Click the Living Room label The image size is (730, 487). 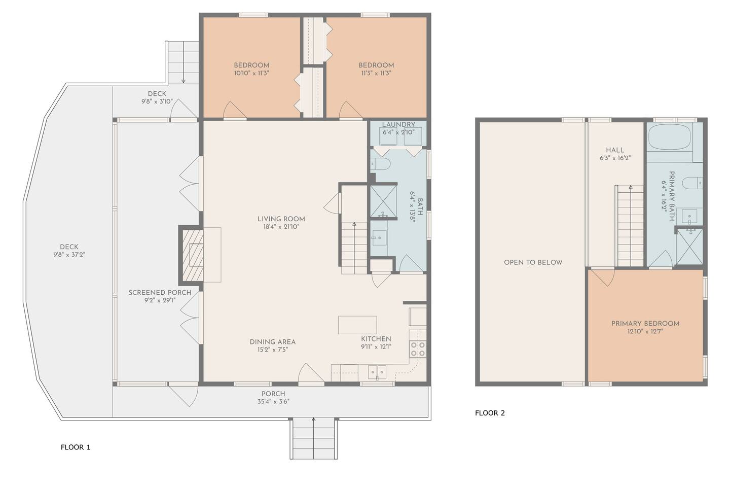(x=281, y=219)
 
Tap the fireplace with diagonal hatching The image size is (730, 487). (x=193, y=255)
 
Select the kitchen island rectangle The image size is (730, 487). (x=357, y=325)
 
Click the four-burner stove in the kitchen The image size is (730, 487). (x=418, y=349)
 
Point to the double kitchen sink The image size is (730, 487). (x=377, y=372)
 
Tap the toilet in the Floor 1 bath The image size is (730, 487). (x=380, y=164)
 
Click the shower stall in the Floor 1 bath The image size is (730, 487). (x=383, y=201)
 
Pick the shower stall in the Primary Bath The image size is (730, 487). (x=689, y=247)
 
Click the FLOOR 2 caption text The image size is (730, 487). (x=490, y=413)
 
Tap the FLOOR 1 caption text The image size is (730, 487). (x=75, y=447)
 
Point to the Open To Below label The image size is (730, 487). (x=533, y=262)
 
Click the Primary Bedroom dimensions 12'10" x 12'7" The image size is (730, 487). (x=645, y=331)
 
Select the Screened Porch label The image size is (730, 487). (x=160, y=293)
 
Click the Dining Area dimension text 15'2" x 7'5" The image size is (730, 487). (x=273, y=350)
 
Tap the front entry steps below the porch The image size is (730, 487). (x=313, y=439)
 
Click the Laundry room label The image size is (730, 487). (x=398, y=124)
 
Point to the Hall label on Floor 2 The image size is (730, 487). (x=615, y=150)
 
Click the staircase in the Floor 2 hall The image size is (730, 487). (x=631, y=226)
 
